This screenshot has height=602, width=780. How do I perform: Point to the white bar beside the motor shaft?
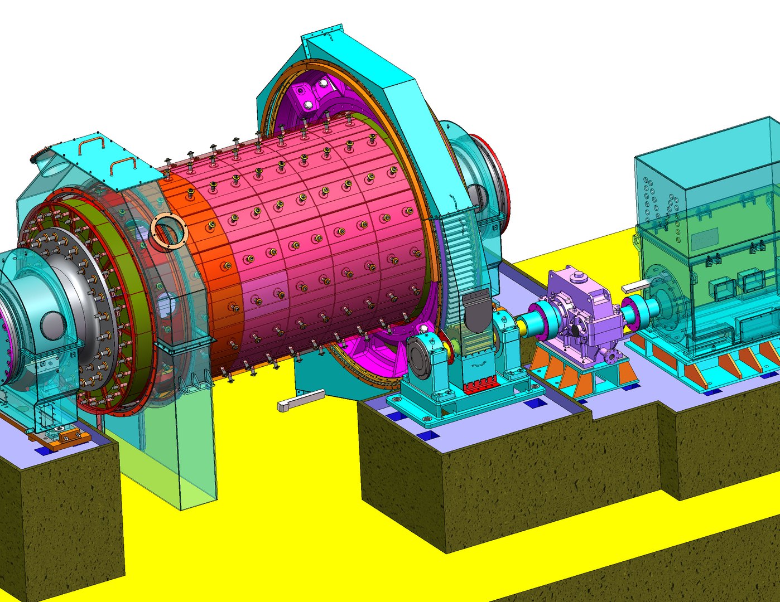[636, 287]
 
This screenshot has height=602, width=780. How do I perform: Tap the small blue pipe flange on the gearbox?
[613, 355]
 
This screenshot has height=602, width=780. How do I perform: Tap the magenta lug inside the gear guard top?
[310, 95]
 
